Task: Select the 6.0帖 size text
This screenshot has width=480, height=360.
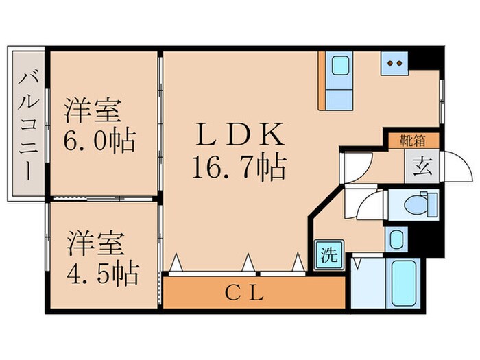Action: tap(100, 141)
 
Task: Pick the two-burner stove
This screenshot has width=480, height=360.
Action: tap(395, 64)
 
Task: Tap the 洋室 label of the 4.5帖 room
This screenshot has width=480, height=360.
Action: tap(95, 243)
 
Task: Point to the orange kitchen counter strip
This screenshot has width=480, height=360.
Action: tap(322, 80)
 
